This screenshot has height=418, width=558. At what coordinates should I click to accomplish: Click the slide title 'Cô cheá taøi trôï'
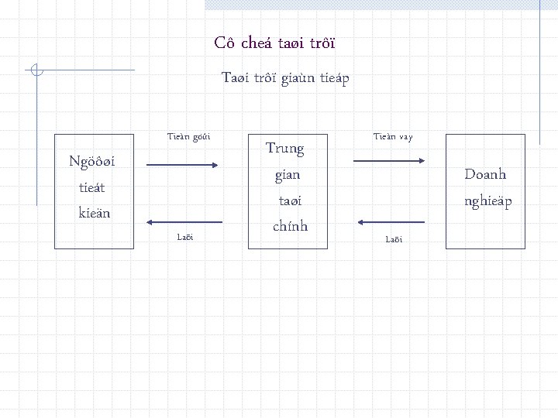coord(274,43)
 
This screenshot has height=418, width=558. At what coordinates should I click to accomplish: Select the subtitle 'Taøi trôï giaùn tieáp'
coord(285,77)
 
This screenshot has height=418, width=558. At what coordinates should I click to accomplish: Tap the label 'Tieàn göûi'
coord(189,136)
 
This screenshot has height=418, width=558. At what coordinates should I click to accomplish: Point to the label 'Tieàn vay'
coord(393,136)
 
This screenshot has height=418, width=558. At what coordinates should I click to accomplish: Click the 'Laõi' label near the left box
coord(185,236)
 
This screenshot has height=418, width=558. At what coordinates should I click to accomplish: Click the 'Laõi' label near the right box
coord(394,239)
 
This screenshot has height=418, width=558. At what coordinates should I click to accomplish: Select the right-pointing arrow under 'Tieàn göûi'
coord(184,165)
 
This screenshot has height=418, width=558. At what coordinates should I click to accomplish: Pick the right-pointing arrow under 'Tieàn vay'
coord(390,161)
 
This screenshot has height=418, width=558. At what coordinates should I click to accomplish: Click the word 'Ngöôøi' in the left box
coord(92,162)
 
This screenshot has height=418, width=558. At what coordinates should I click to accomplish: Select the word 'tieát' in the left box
coord(92,187)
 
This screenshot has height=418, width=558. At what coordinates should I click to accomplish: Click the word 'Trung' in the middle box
coord(284,148)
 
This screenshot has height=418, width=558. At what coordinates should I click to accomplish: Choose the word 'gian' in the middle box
coord(287,175)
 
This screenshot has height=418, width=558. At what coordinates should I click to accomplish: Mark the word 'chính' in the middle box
coord(291,226)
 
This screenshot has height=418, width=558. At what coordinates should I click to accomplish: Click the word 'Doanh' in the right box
coord(485,174)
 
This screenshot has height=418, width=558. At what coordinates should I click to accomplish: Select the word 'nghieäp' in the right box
coord(488,200)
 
